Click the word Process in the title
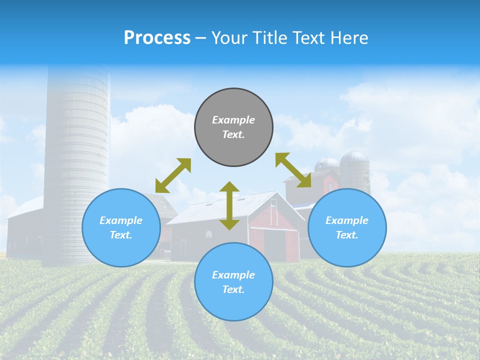tap(157, 38)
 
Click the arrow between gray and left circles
tap(173, 175)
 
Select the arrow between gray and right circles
tap(293, 170)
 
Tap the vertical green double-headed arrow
tap(229, 205)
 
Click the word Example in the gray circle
tap(233, 120)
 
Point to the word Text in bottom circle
tap(232, 289)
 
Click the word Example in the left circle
tap(121, 220)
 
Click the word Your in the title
tap(228, 38)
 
